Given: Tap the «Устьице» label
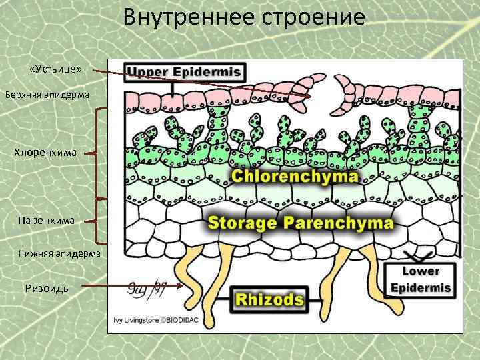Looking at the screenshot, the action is (x=56, y=69).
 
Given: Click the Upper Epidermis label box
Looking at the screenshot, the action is (x=185, y=71).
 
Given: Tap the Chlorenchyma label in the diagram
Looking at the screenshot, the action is (x=295, y=177).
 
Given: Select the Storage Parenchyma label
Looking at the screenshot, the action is (x=301, y=222).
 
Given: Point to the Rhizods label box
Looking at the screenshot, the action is (x=267, y=300).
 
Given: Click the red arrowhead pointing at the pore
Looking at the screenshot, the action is (x=310, y=97).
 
